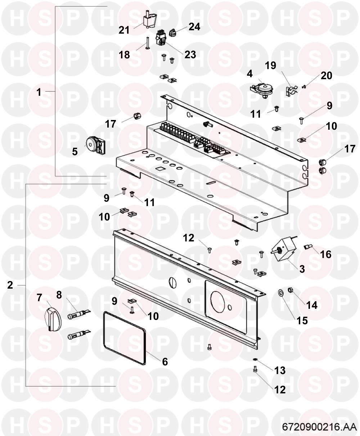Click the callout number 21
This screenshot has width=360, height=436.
click(x=124, y=30)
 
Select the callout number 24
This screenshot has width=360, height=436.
click(x=194, y=27)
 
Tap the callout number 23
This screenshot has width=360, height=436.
click(x=190, y=55)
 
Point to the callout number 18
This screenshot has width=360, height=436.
click(x=124, y=55)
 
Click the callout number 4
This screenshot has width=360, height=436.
click(x=249, y=74)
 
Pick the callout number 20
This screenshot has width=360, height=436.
click(x=327, y=75)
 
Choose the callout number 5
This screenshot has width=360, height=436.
click(x=75, y=152)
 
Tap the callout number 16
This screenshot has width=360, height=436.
click(x=326, y=254)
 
